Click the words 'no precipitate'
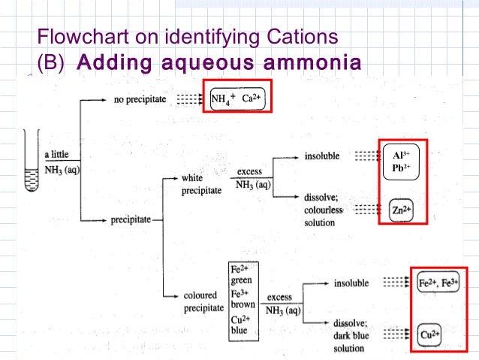(x=140, y=98)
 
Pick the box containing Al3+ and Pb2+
(x=402, y=162)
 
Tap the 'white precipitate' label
(x=201, y=185)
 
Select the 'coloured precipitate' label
(x=203, y=301)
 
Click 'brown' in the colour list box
(x=243, y=304)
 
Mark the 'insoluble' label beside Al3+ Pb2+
(x=322, y=156)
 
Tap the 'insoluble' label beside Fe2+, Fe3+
(x=351, y=283)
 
